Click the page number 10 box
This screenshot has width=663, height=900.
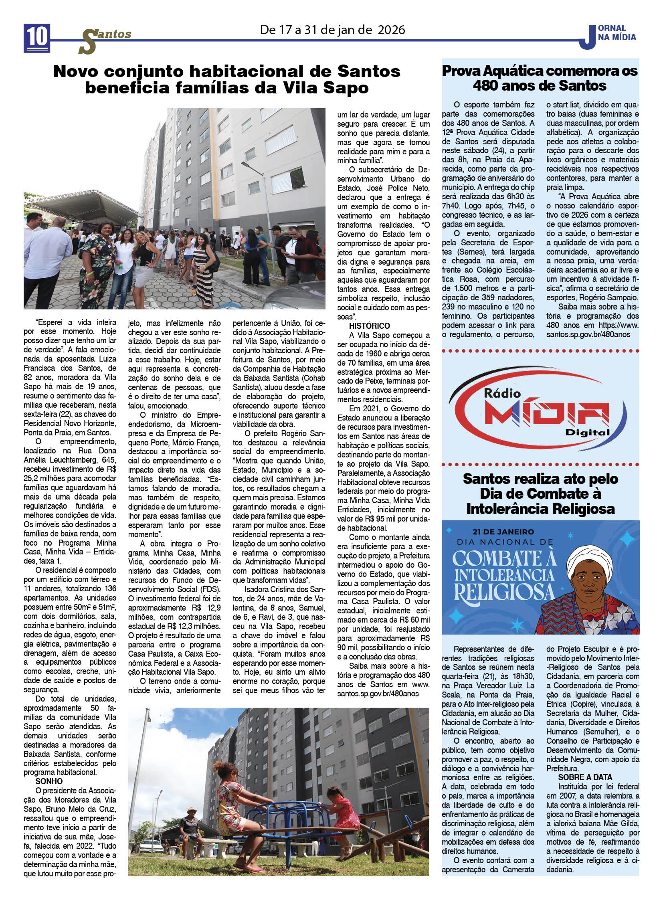[x=37, y=38]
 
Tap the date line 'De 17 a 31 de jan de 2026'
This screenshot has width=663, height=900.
[x=332, y=30]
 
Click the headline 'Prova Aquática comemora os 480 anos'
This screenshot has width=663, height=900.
[x=540, y=78]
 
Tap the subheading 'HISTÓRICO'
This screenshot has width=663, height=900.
[x=369, y=326]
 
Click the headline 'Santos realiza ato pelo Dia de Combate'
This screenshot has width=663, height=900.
[x=540, y=494]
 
